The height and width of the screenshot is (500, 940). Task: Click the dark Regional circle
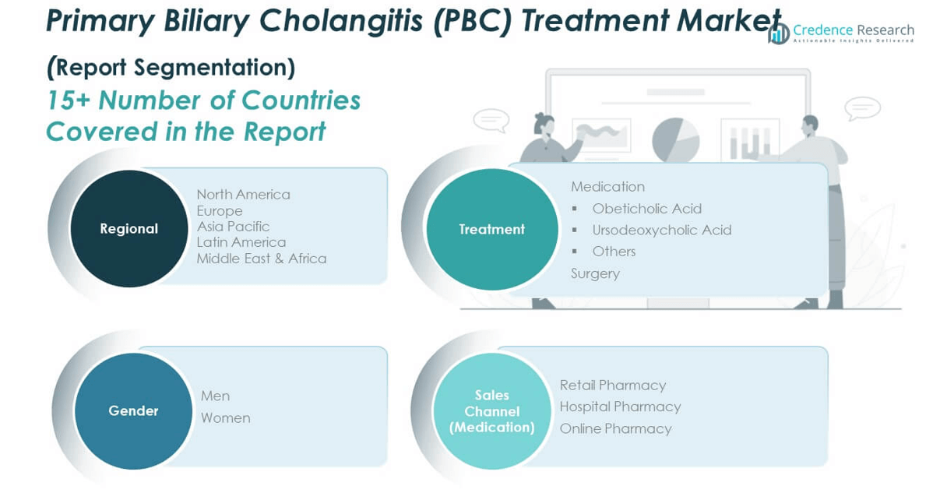click(x=129, y=229)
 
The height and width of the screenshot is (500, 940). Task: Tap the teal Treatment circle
click(x=492, y=229)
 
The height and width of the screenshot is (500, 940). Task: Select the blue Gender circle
click(x=133, y=410)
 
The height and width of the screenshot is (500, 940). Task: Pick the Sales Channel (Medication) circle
click(x=492, y=411)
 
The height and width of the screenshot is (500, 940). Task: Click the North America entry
click(x=244, y=195)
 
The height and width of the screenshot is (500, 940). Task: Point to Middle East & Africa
click(x=262, y=259)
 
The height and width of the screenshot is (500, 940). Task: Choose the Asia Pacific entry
click(x=234, y=227)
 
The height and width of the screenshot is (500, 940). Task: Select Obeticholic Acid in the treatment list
click(x=646, y=209)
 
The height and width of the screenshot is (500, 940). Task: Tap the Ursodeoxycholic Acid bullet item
click(x=662, y=230)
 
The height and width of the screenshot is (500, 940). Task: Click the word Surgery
click(x=595, y=273)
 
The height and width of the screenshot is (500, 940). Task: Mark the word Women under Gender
click(x=225, y=418)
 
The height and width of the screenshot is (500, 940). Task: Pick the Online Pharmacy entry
click(x=615, y=428)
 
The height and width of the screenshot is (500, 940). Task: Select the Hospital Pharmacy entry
click(x=620, y=407)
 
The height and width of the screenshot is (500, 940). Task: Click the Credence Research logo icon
click(x=779, y=33)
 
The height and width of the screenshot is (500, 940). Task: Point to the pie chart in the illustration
click(x=676, y=140)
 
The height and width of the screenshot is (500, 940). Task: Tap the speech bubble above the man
click(x=862, y=108)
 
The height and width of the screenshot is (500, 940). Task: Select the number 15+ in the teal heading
click(x=69, y=100)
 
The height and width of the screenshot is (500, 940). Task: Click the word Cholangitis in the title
click(x=341, y=21)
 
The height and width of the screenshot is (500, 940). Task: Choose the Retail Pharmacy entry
click(x=613, y=386)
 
